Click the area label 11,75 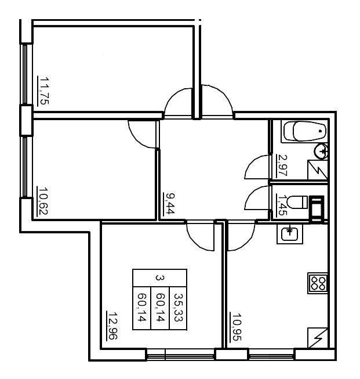[43, 91]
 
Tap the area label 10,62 [42, 201]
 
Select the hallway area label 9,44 [170, 205]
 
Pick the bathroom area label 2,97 [283, 165]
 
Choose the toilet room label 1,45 [282, 204]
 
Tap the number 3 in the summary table [159, 277]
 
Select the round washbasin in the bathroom [322, 153]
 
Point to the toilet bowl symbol [298, 203]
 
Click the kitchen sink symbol [289, 234]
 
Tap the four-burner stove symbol [318, 283]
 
